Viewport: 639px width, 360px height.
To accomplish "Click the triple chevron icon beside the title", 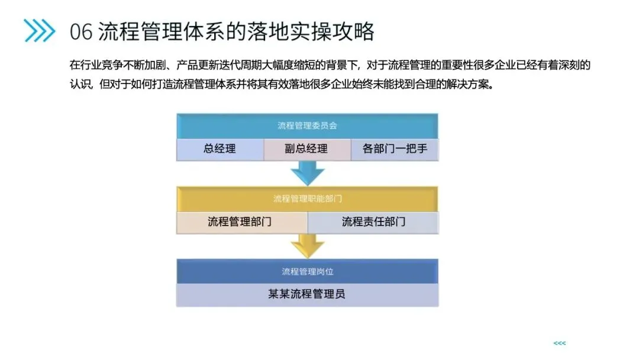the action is [40, 30].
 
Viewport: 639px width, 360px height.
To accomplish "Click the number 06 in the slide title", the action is [81, 31].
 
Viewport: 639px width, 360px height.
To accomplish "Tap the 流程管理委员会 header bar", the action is [307, 126].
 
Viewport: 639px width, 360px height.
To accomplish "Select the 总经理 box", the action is [220, 149].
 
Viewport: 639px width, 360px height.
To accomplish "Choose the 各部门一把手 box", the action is [395, 149].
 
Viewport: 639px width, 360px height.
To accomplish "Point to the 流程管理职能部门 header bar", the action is [307, 198].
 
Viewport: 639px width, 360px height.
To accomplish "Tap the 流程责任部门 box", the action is [373, 222].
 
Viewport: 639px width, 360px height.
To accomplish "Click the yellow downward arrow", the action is [308, 245].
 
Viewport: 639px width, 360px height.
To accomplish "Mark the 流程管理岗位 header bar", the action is [307, 271].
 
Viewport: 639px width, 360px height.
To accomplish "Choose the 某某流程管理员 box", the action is [307, 294].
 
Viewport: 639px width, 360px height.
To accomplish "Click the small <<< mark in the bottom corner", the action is [559, 343].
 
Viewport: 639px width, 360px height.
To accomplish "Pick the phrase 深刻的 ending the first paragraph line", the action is [573, 64].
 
